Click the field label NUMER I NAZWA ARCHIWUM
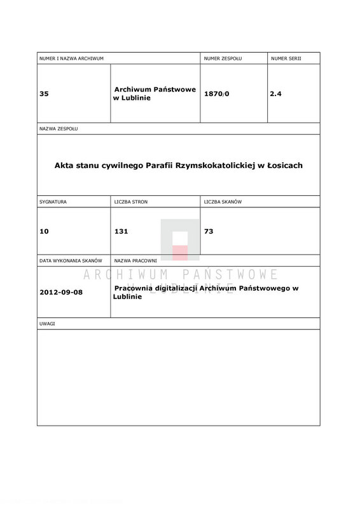coord(71,58)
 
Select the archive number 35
coord(44,94)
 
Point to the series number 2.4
coord(275,94)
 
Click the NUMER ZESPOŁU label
coord(223,58)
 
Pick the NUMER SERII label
coord(286,58)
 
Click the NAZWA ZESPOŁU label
coord(58,129)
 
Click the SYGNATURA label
coord(53,202)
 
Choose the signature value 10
coord(43,231)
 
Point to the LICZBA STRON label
coord(130,202)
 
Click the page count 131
coord(121,231)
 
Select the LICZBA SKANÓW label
coord(223,202)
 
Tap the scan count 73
coord(208,231)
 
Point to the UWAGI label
coord(48,324)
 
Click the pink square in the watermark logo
coord(180,253)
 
